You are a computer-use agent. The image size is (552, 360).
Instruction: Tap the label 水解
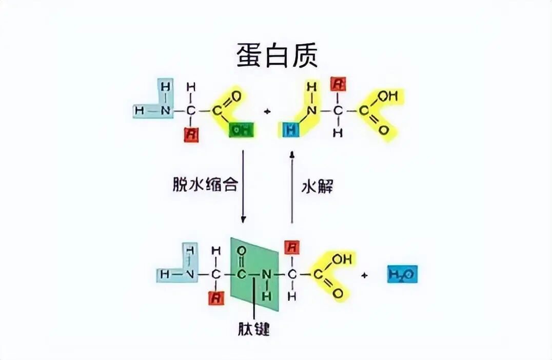tap(317, 185)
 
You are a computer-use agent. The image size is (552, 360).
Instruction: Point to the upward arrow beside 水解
tap(292, 187)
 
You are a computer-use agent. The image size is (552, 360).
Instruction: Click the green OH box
tap(243, 130)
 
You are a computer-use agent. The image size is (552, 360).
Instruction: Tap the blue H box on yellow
tap(291, 130)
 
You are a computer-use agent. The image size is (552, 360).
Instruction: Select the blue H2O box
tap(402, 274)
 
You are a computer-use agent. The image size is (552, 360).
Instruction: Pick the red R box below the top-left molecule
tap(191, 135)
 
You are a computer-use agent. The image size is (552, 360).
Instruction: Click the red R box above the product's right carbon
tap(292, 249)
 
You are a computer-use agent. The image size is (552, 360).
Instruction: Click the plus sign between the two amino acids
tap(266, 110)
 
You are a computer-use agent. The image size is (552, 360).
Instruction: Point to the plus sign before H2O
tap(365, 275)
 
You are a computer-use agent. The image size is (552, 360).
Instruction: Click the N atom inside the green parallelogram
tap(266, 275)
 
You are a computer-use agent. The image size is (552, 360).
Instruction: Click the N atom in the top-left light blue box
tap(165, 110)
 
